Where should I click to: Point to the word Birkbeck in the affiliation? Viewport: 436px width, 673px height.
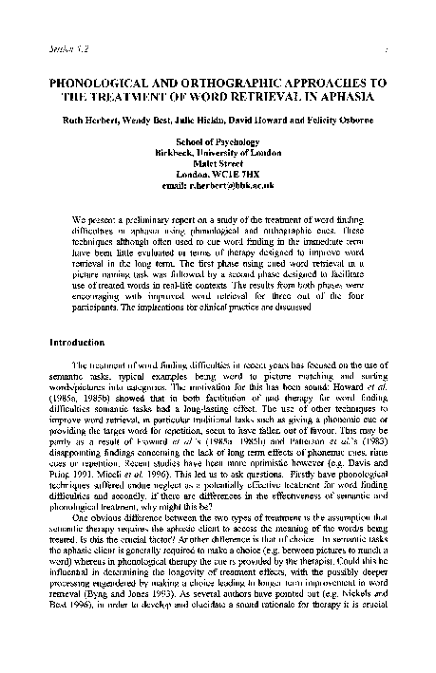pyautogui.click(x=177, y=154)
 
